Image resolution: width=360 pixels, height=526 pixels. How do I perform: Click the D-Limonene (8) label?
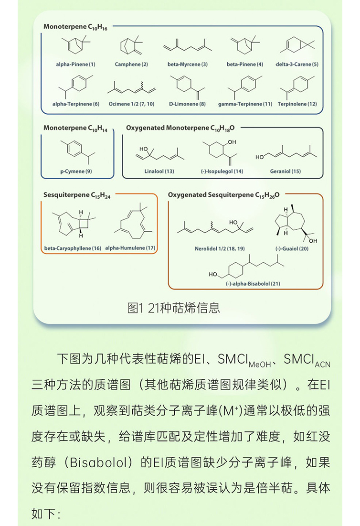point(188,104)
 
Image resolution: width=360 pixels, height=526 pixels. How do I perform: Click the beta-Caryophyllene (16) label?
point(73,248)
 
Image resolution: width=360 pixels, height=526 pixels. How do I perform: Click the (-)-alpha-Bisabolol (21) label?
point(253,284)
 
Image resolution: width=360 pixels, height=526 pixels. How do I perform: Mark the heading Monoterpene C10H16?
point(75,27)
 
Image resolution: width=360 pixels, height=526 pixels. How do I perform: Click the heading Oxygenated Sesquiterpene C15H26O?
point(224,195)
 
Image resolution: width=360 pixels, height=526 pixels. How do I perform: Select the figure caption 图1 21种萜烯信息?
point(174,308)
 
